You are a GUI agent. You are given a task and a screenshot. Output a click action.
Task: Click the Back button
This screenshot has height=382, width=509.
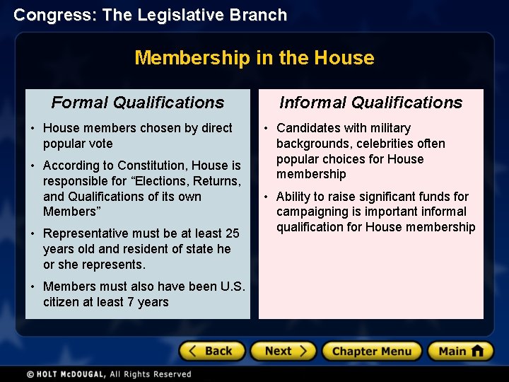211,351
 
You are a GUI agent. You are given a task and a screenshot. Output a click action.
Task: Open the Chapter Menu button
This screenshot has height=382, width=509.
371,351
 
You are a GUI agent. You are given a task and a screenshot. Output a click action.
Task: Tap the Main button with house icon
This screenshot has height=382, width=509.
460,351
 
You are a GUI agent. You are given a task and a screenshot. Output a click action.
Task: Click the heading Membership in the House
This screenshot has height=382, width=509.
255,57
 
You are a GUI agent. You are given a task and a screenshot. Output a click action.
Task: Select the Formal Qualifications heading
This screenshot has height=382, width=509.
138,103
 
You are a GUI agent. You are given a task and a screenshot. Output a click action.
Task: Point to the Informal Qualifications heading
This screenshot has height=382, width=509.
370,103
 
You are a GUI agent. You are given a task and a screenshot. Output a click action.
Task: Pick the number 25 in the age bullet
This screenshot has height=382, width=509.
232,233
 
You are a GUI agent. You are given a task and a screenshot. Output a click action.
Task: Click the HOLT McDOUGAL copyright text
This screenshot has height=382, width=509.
109,374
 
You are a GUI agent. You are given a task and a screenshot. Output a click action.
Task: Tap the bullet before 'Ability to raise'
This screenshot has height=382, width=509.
267,197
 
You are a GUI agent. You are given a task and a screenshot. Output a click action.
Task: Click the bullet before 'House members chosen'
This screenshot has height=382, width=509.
33,128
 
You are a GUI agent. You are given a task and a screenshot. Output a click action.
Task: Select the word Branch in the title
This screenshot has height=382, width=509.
262,15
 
